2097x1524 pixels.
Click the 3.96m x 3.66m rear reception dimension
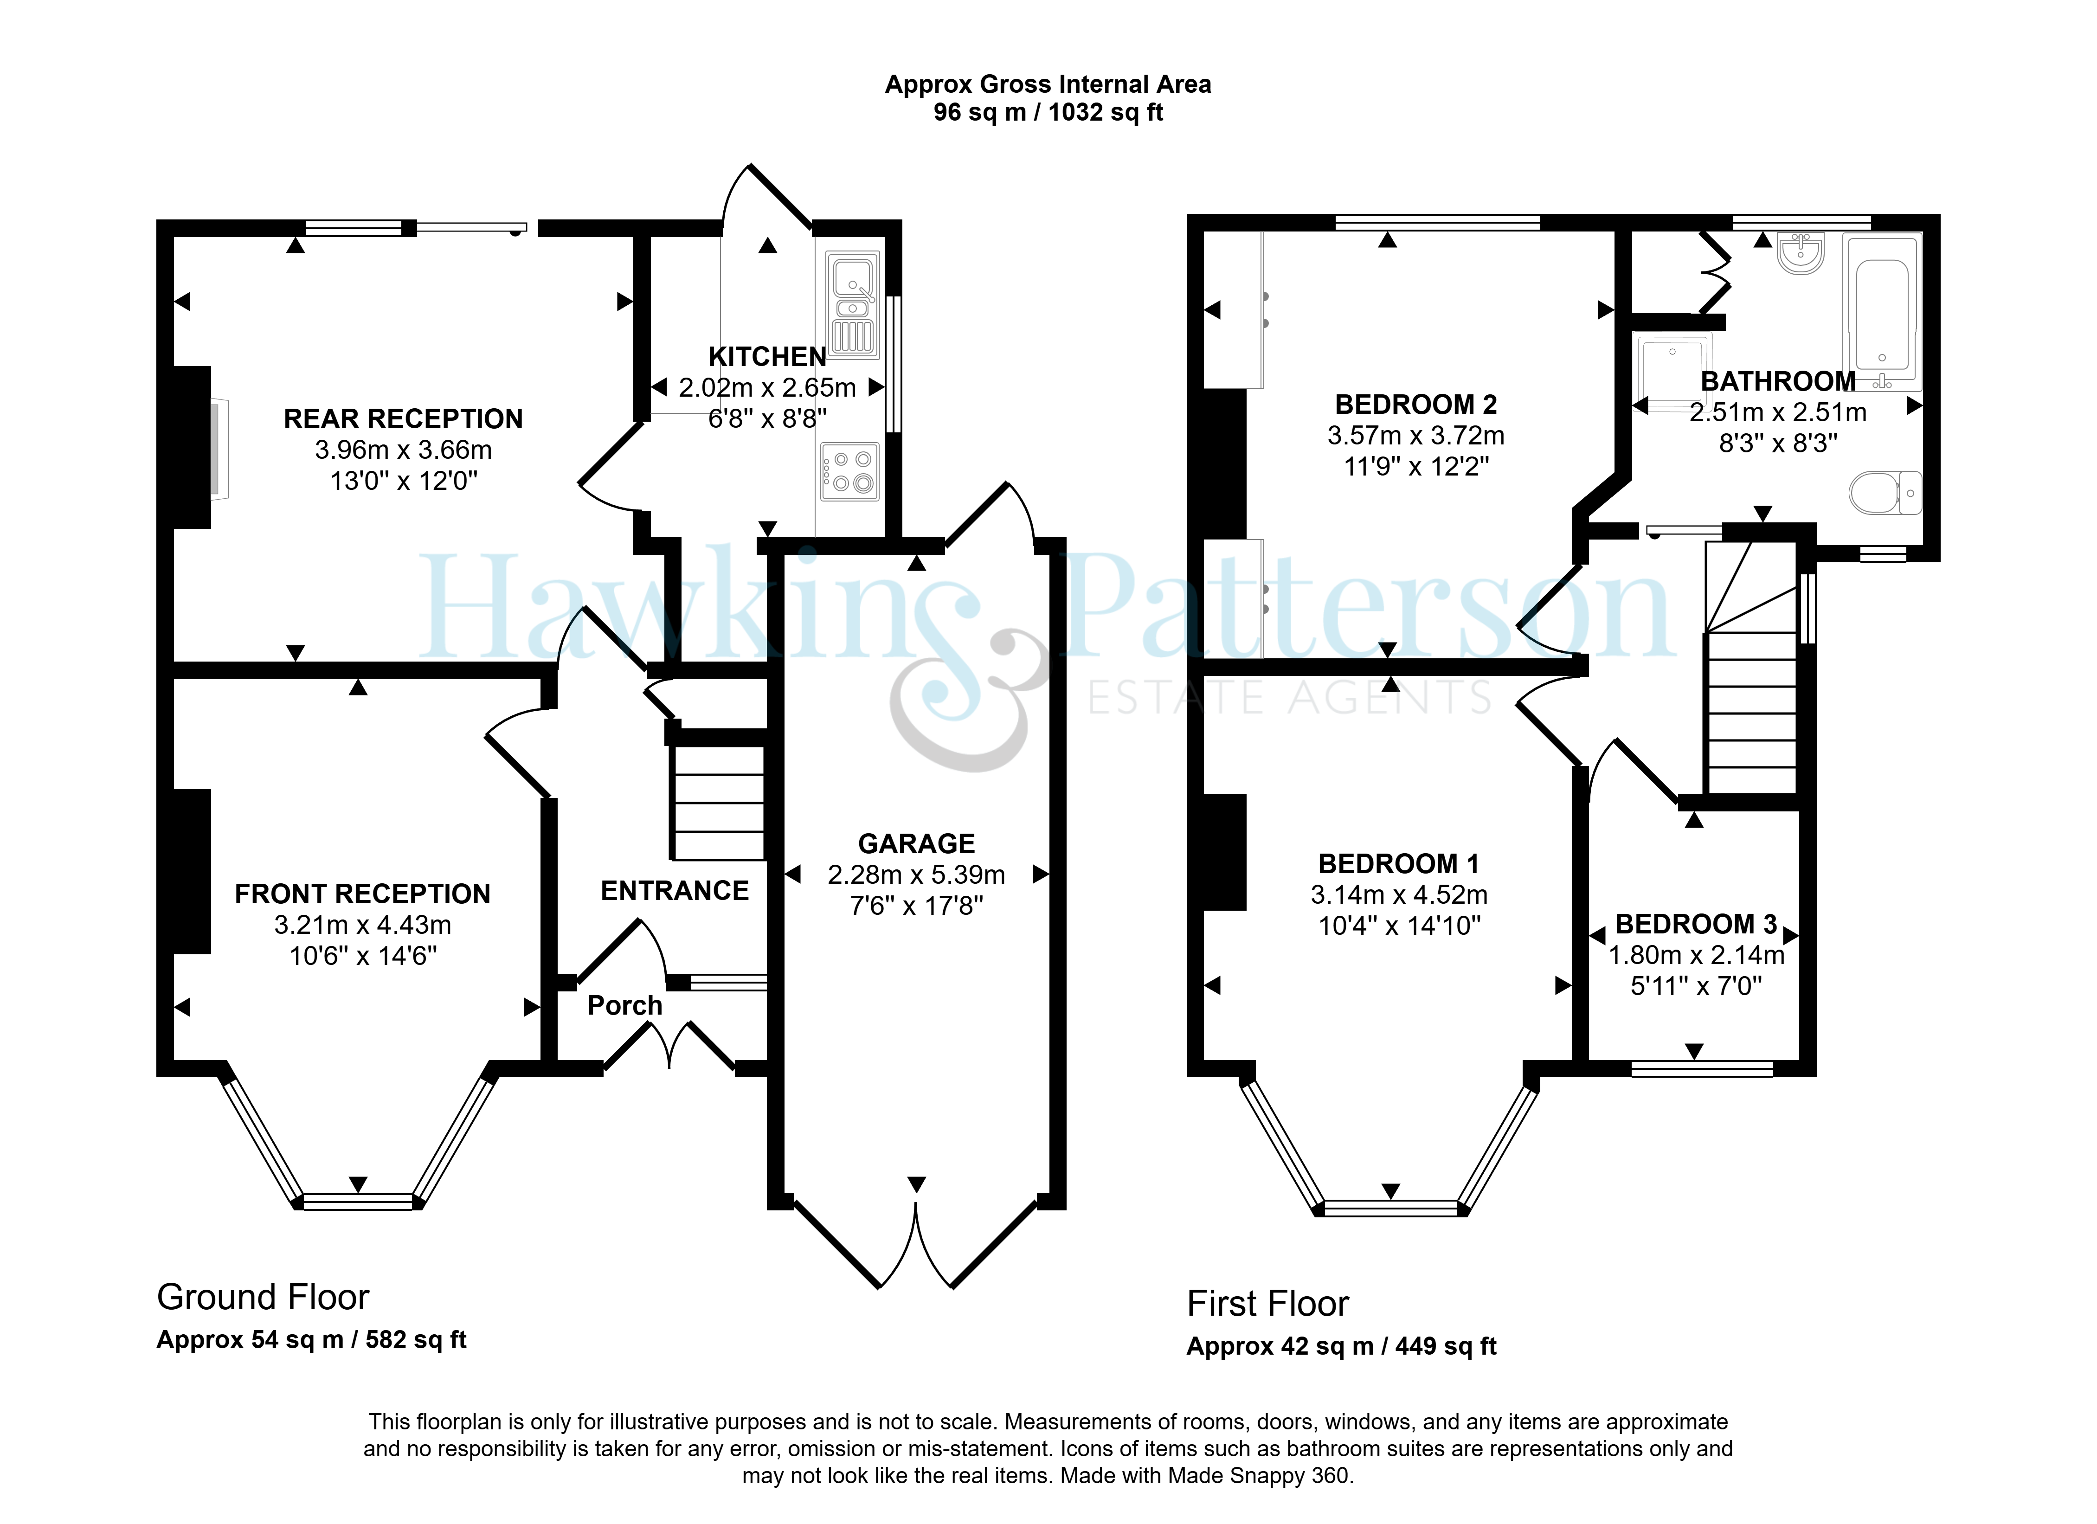(403, 450)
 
